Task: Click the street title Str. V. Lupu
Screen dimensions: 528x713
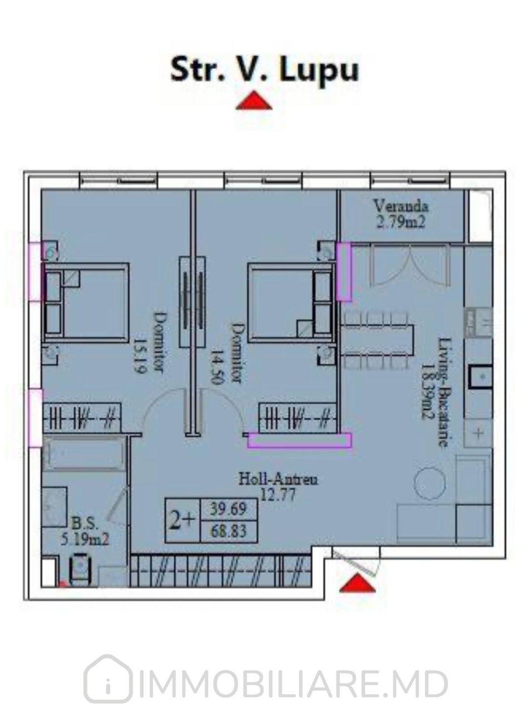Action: [265, 70]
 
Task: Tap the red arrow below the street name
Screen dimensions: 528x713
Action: [254, 100]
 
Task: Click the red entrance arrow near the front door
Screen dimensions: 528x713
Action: [357, 583]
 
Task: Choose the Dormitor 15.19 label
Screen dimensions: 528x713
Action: [149, 343]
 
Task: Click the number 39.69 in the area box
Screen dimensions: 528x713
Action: [228, 509]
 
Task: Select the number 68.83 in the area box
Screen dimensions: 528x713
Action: [228, 531]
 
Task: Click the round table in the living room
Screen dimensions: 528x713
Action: [429, 484]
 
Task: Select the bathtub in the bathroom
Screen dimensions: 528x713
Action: [84, 453]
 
